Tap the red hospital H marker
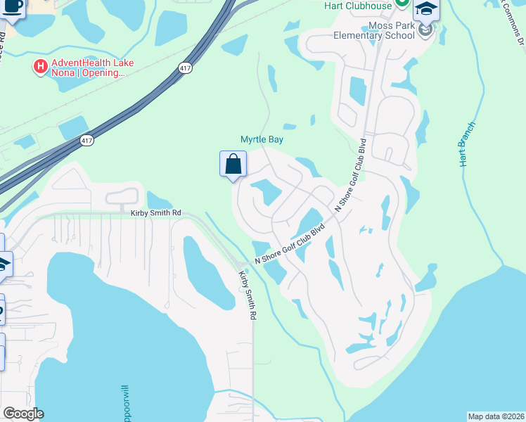click(x=40, y=68)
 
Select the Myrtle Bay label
click(x=262, y=139)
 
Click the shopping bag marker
click(x=233, y=165)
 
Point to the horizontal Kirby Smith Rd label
click(x=150, y=212)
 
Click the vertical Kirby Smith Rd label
click(x=246, y=295)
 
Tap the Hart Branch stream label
click(x=467, y=144)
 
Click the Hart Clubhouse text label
click(x=358, y=6)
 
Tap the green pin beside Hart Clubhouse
click(x=402, y=4)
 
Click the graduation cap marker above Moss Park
click(x=425, y=10)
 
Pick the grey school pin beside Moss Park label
click(x=425, y=30)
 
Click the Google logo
click(x=23, y=414)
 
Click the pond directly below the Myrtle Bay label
click(x=265, y=191)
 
